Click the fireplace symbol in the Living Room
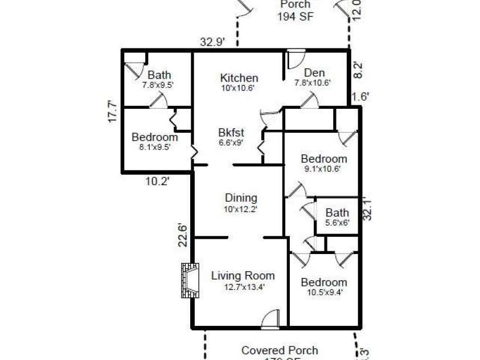[190, 280]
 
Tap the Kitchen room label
[239, 78]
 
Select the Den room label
[314, 72]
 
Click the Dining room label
[241, 198]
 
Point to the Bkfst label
[231, 133]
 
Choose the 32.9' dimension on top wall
[212, 42]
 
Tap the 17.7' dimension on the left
[113, 112]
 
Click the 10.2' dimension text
[156, 181]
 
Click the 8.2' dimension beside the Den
[358, 69]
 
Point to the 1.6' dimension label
[360, 97]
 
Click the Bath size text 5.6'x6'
[337, 223]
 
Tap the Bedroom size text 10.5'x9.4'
[323, 293]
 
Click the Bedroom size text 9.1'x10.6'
[323, 169]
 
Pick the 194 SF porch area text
[295, 17]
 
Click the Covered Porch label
[280, 350]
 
